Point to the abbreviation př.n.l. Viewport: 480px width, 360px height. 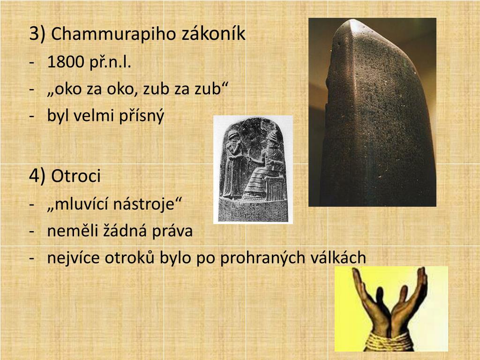click(x=108, y=62)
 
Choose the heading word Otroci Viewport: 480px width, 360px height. click(x=76, y=176)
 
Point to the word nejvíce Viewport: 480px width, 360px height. click(x=71, y=258)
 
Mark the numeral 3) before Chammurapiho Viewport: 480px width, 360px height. click(x=37, y=34)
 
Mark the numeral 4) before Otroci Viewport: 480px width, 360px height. click(x=37, y=176)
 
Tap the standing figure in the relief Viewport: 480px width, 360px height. click(x=232, y=164)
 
